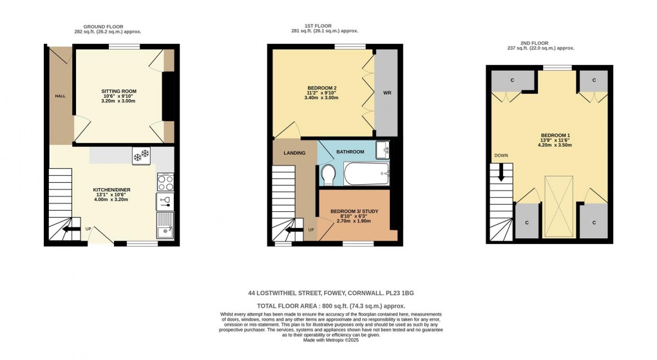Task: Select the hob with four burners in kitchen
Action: coord(164,182)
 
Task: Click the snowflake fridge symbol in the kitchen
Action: coord(141,155)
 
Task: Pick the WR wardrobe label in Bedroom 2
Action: coord(387,93)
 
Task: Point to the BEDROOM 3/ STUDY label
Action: coord(354,211)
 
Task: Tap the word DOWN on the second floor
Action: coord(500,156)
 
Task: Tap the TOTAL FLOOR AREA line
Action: coord(331,306)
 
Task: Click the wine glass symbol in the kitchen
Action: coord(164,202)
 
